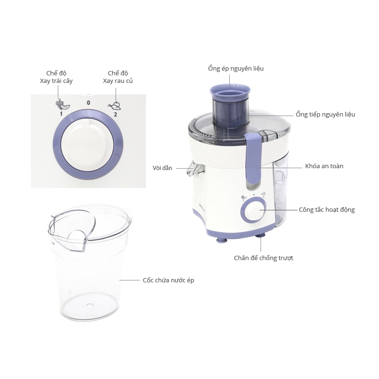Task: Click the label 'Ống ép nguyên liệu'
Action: pos(235,69)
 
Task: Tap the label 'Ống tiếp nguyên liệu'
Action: pos(325,115)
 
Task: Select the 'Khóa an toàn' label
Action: pos(324,166)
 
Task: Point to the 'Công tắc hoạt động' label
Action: pos(327,210)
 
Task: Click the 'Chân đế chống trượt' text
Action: pos(263,258)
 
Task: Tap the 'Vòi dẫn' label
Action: pos(162,168)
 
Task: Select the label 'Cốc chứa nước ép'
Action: pos(168,280)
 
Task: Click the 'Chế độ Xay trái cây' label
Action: pos(56,77)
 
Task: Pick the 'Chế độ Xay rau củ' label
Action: pos(117,77)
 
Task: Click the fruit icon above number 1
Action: pos(63,104)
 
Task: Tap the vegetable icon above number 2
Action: pos(115,106)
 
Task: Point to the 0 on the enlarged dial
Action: pos(89,103)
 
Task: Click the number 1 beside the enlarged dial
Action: pos(61,114)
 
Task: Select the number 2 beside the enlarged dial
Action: pos(115,114)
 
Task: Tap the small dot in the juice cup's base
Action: pos(90,305)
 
